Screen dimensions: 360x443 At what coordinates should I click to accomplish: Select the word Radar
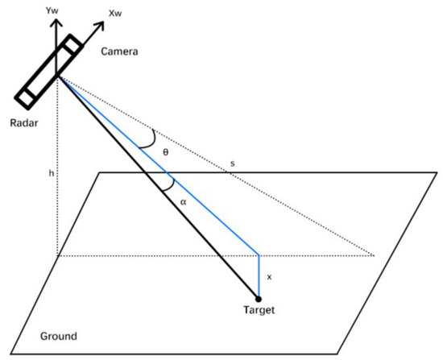coord(20,123)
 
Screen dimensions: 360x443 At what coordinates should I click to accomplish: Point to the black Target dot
coord(259,300)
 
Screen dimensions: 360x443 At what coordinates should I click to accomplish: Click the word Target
coord(259,311)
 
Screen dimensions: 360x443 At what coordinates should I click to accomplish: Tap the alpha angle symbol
coord(183,202)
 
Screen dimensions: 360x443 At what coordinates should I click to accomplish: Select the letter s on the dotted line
coord(233,165)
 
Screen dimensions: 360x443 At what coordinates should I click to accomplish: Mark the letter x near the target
coord(269,276)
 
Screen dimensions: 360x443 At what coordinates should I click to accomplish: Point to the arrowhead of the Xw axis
coord(105,22)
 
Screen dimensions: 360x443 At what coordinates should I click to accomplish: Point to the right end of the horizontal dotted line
coord(375,255)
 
